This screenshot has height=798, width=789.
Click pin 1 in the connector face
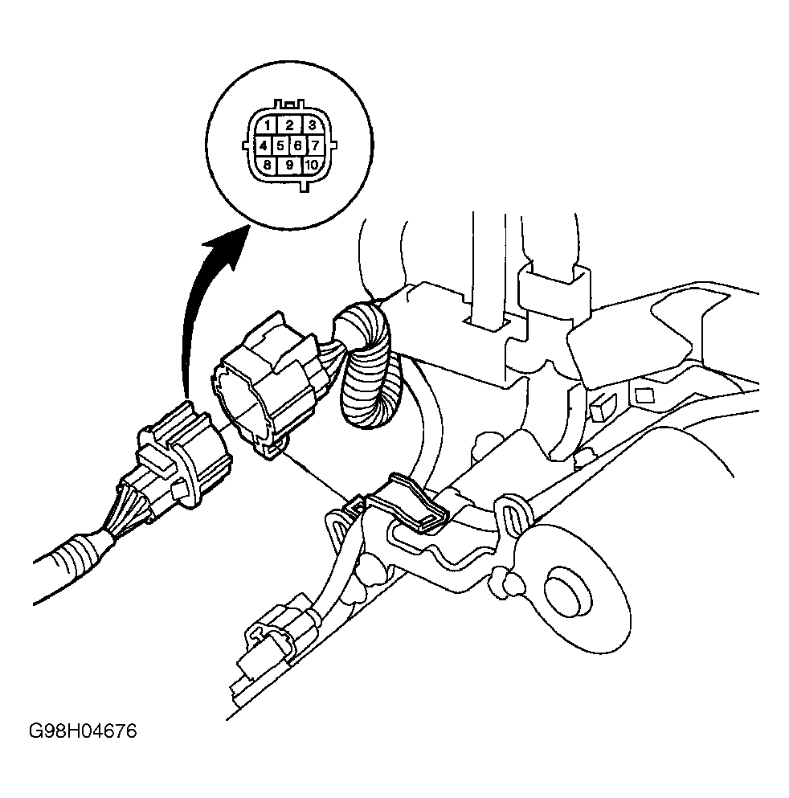tap(265, 126)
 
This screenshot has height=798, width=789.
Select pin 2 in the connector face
tap(288, 125)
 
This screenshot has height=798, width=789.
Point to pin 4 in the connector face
tap(263, 145)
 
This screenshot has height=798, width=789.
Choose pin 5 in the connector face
tap(280, 145)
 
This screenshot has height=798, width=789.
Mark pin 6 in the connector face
tap(297, 145)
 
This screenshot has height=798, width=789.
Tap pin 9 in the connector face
tap(288, 166)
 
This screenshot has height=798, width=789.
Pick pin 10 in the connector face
tap(311, 166)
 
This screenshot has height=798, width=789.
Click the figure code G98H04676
tap(83, 732)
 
